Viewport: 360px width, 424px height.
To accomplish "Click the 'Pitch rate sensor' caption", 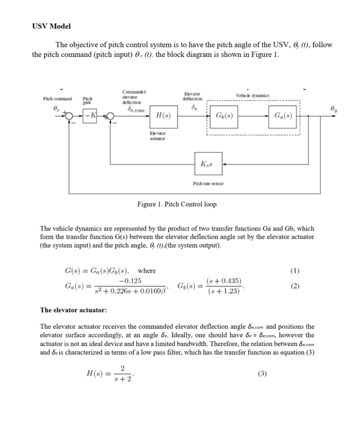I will pyautogui.click(x=208, y=183).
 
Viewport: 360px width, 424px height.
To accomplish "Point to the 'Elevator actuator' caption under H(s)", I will pyautogui.click(x=158, y=136).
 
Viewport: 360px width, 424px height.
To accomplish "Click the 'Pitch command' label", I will pyautogui.click(x=57, y=99).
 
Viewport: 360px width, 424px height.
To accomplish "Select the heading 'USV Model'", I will pyautogui.click(x=51, y=26).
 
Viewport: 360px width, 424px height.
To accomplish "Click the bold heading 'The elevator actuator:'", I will pyautogui.click(x=73, y=310).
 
